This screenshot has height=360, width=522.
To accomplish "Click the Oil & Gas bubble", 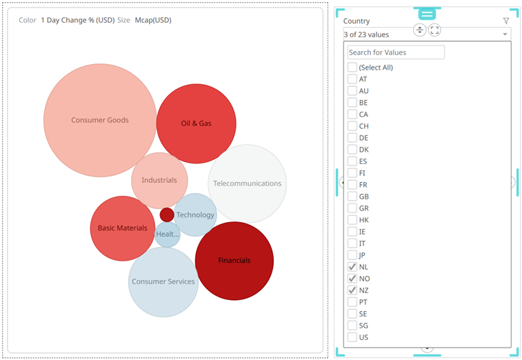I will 196,123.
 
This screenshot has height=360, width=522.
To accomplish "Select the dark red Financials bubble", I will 234,261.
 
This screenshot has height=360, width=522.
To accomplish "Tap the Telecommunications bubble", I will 247,183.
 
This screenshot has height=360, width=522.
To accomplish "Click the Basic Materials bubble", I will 122,228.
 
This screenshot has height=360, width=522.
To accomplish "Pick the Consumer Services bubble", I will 163,281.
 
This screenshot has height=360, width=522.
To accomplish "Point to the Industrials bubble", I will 159,180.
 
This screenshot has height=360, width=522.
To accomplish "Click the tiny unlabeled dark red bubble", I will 167,214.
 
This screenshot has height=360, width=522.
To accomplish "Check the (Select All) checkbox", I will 352,68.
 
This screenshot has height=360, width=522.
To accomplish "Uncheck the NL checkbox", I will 352,267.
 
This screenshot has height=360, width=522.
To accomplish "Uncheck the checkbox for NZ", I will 352,290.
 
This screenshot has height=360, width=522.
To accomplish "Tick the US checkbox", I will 352,337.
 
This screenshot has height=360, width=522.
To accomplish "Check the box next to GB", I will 352,197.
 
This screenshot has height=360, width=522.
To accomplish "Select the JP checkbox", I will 352,255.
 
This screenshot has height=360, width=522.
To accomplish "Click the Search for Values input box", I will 396,52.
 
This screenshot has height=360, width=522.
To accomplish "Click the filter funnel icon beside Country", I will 506,21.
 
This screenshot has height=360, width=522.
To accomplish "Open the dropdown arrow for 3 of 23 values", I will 505,34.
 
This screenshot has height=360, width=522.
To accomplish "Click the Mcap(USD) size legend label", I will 153,20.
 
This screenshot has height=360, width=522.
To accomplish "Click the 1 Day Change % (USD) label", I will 77,20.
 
